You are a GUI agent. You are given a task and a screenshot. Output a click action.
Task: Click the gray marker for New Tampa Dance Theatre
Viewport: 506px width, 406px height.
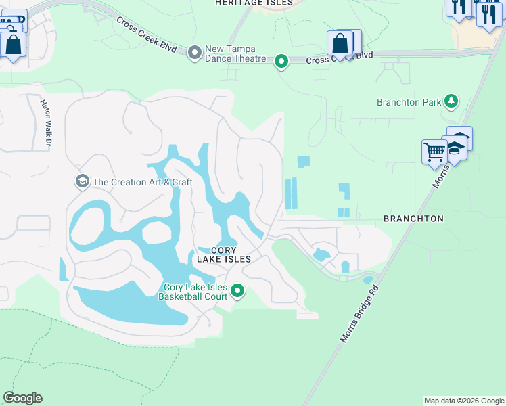pyautogui.click(x=195, y=52)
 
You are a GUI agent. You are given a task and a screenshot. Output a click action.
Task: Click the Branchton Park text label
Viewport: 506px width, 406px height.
pyautogui.click(x=409, y=103)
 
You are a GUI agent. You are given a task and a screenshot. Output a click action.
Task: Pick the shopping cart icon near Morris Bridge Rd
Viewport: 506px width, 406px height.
pyautogui.click(x=434, y=152)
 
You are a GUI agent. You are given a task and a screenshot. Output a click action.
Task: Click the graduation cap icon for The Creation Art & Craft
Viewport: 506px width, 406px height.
pyautogui.click(x=82, y=181)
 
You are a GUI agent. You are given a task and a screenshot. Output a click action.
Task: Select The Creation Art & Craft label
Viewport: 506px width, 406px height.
pyautogui.click(x=142, y=182)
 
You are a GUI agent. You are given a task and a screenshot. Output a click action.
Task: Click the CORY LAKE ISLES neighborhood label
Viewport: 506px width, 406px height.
pyautogui.click(x=224, y=254)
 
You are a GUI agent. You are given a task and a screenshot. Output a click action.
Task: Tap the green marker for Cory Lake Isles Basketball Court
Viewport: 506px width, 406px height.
pyautogui.click(x=237, y=291)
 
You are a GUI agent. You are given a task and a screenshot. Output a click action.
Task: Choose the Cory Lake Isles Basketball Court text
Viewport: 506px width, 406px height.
pyautogui.click(x=191, y=291)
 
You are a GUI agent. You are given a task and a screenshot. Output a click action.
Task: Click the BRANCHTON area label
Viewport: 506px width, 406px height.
pyautogui.click(x=413, y=219)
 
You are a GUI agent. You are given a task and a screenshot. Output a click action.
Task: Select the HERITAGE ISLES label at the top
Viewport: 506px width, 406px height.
pyautogui.click(x=254, y=3)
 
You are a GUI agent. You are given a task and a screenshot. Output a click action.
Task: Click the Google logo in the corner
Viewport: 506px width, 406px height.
pyautogui.click(x=22, y=398)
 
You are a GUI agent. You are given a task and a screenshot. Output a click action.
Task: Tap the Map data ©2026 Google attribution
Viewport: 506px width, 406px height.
pyautogui.click(x=464, y=401)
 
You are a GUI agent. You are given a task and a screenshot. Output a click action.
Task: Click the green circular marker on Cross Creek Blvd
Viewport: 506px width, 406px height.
pyautogui.click(x=281, y=62)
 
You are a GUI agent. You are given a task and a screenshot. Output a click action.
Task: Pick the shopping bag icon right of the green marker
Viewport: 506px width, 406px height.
pyautogui.click(x=341, y=43)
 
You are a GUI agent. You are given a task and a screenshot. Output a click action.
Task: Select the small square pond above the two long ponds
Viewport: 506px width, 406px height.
pyautogui.click(x=303, y=162)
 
